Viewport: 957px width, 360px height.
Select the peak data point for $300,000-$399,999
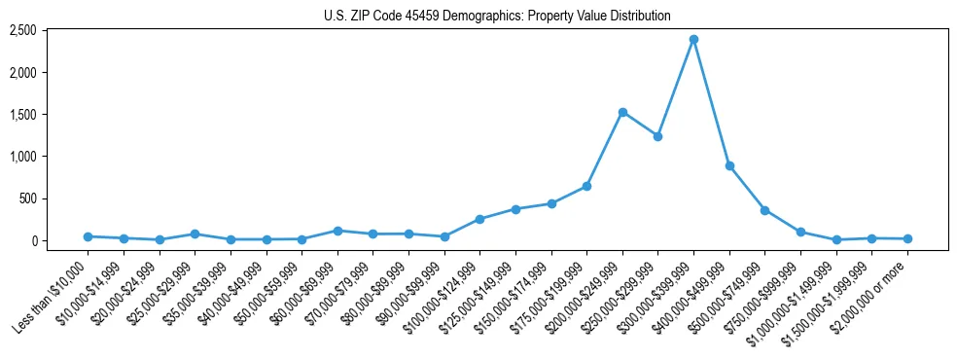693,39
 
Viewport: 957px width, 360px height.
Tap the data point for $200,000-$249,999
622,112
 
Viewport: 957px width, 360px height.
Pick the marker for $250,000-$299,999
657,136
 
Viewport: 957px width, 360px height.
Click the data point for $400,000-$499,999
729,165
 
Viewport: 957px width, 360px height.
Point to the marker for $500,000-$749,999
764,210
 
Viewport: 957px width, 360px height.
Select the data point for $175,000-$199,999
586,186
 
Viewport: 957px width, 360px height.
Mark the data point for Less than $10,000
88,236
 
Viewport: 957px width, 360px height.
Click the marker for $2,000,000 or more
907,238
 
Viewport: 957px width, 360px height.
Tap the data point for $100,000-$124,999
479,219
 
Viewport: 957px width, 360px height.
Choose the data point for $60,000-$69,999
337,231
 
